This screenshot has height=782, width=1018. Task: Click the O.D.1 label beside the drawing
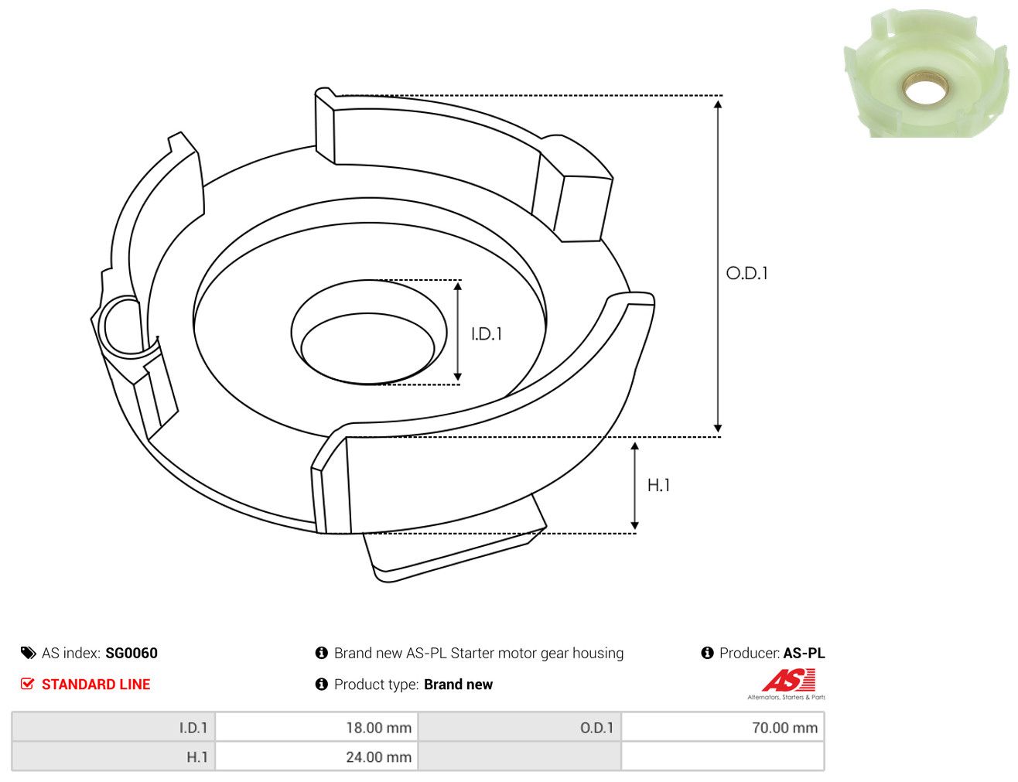pyautogui.click(x=746, y=273)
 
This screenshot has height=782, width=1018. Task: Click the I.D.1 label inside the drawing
pyautogui.click(x=487, y=334)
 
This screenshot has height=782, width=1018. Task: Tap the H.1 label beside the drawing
pyautogui.click(x=658, y=485)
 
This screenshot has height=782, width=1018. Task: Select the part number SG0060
pyautogui.click(x=132, y=653)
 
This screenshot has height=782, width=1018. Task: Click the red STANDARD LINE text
pyautogui.click(x=96, y=684)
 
